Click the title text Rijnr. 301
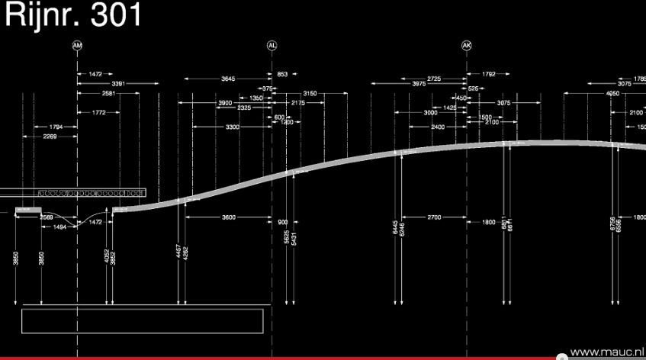pyautogui.click(x=72, y=15)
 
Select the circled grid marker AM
pyautogui.click(x=77, y=46)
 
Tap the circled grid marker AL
pyautogui.click(x=272, y=46)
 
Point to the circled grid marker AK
pyautogui.click(x=467, y=46)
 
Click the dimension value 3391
pyautogui.click(x=118, y=83)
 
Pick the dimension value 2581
pyautogui.click(x=108, y=93)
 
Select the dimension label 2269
pyautogui.click(x=50, y=137)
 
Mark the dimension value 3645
pyautogui.click(x=228, y=79)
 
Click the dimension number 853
pyautogui.click(x=282, y=74)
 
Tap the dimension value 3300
pyautogui.click(x=232, y=127)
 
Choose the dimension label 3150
pyautogui.click(x=309, y=93)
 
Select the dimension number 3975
pyautogui.click(x=419, y=84)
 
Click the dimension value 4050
pyautogui.click(x=612, y=93)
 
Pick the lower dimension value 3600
pyautogui.click(x=228, y=218)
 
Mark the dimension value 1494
pyautogui.click(x=59, y=227)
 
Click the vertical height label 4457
pyautogui.click(x=178, y=252)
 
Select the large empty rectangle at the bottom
pyautogui.click(x=143, y=320)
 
